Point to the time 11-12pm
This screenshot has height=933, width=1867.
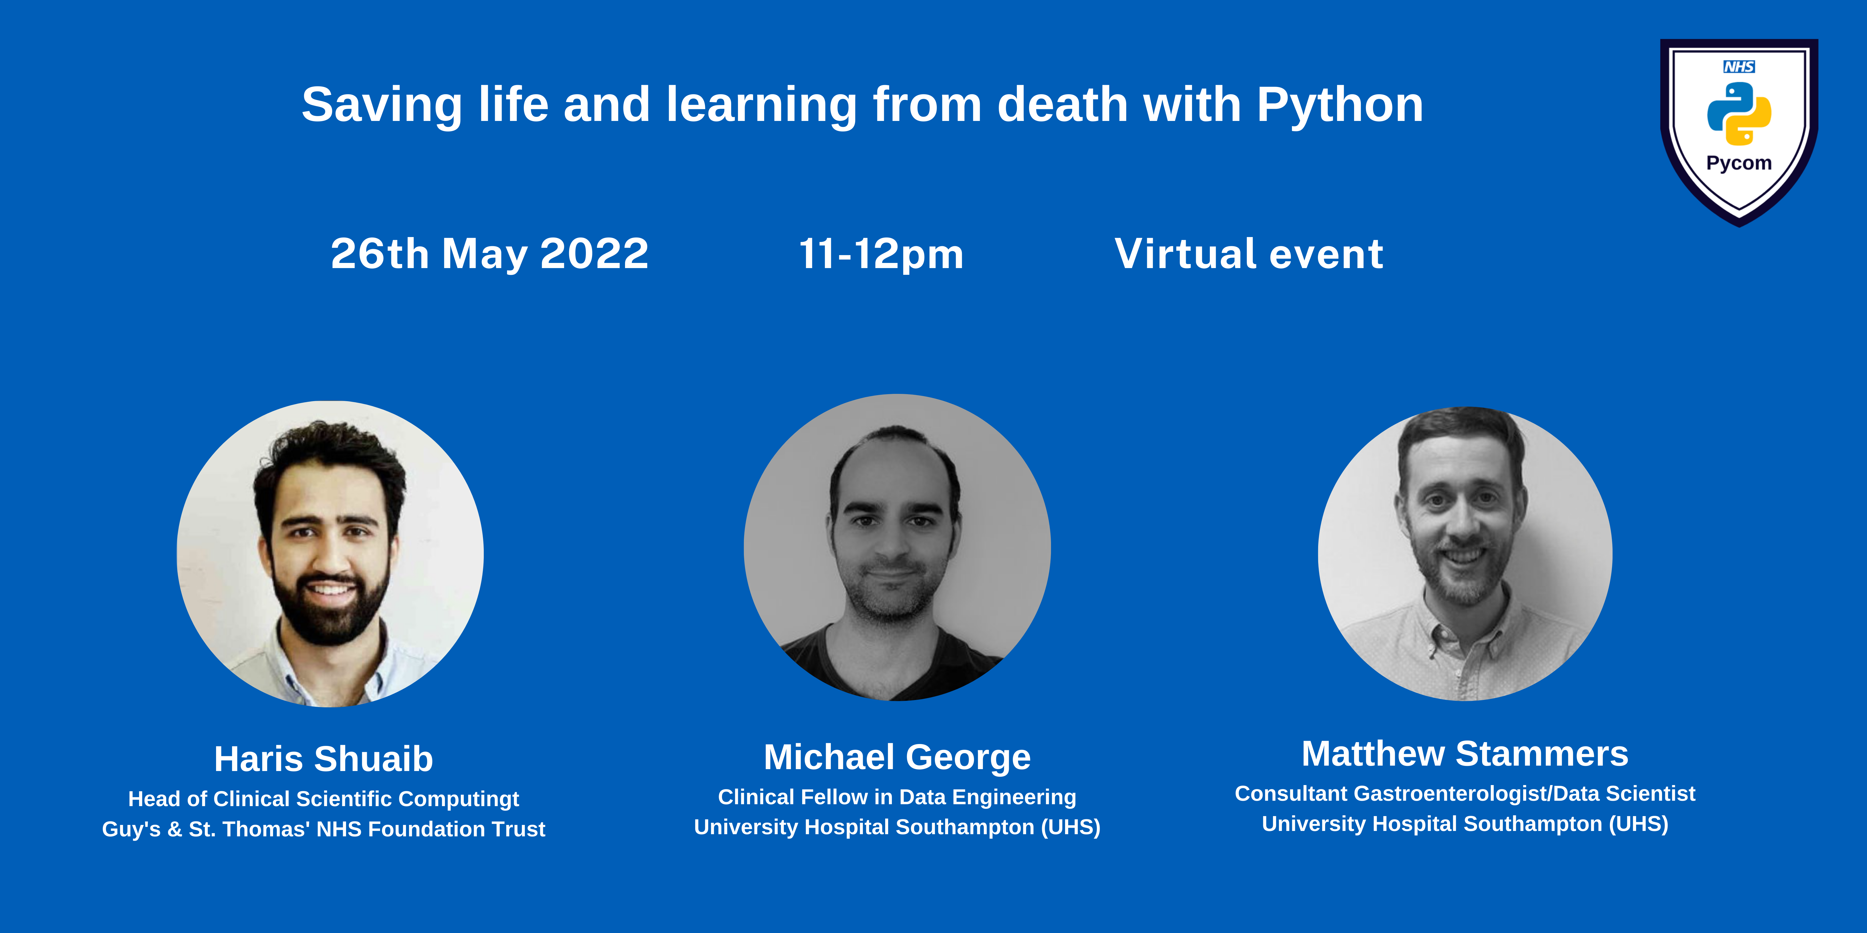[881, 254]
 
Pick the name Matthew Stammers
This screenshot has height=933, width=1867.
[1465, 753]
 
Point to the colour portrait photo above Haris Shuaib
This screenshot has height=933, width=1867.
[331, 553]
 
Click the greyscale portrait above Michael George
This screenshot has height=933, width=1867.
[897, 548]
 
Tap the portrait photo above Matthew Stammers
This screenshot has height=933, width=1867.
[1465, 553]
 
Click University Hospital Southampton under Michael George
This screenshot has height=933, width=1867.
[897, 827]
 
